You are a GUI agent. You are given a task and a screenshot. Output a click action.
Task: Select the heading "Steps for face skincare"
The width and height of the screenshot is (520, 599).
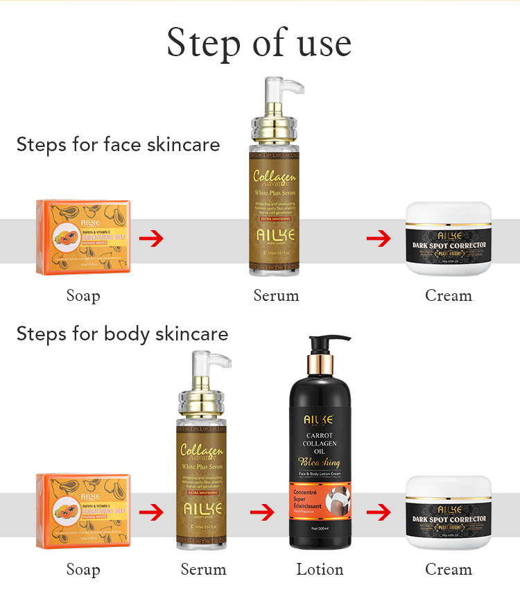point(118,144)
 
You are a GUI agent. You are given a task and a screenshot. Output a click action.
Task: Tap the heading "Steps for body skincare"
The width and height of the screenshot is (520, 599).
point(122,333)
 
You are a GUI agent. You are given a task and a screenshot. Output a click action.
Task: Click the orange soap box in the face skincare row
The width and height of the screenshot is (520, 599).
point(83,238)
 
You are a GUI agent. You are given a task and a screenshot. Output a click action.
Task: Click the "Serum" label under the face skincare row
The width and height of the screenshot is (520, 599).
point(276,295)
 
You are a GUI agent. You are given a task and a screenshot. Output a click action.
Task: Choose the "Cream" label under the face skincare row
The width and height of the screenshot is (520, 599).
point(448,295)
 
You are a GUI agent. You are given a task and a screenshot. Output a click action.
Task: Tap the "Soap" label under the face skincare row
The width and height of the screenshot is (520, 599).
point(83,295)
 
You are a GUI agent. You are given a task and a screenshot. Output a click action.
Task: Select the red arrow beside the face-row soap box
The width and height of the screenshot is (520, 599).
point(151,239)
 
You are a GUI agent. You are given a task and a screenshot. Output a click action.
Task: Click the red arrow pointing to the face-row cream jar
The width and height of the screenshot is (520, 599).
point(379,239)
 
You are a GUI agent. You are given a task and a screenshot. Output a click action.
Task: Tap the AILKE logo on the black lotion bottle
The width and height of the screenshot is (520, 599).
point(319,419)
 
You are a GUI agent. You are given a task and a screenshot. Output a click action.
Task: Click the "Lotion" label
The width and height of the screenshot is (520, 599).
point(320,569)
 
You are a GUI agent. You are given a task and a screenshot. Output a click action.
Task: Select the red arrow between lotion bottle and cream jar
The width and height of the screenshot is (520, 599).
point(379,513)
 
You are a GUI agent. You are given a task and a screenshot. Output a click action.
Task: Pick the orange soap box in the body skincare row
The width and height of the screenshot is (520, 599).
point(83,512)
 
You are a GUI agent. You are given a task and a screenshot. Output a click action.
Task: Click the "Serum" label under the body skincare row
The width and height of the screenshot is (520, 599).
point(203,569)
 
